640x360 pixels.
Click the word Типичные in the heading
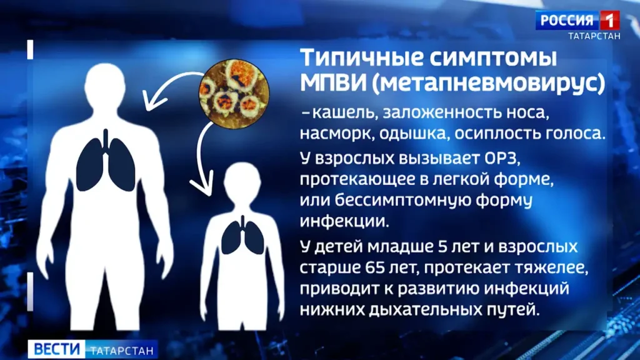click(362, 58)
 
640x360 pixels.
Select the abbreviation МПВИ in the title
click(333, 83)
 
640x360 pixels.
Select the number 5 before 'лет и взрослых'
click(442, 247)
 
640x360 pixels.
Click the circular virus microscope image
click(234, 94)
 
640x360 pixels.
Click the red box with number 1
click(610, 20)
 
